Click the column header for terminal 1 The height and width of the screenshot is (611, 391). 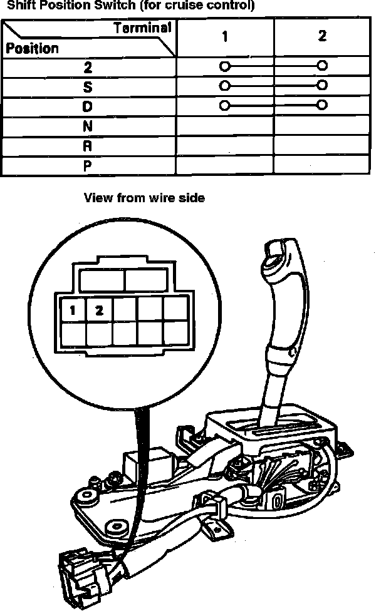coord(224,37)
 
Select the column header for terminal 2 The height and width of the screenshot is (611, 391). coord(322,36)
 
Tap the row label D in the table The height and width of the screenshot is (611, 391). coord(88,107)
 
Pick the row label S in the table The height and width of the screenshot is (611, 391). coord(88,87)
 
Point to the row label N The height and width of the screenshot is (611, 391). coord(88,126)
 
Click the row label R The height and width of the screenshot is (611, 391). coord(88,146)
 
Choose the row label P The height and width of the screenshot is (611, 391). coord(88,167)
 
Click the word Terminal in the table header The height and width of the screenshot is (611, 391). coord(142,28)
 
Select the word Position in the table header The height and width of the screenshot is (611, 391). coord(32,48)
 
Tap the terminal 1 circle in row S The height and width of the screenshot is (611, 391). coord(224,85)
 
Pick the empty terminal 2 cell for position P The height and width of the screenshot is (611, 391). coord(322,166)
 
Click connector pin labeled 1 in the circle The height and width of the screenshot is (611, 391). coord(73,309)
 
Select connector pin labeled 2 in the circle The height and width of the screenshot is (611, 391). coord(99,309)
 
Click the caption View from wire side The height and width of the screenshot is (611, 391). coord(144,198)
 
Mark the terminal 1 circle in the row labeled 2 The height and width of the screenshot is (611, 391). coord(224,65)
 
